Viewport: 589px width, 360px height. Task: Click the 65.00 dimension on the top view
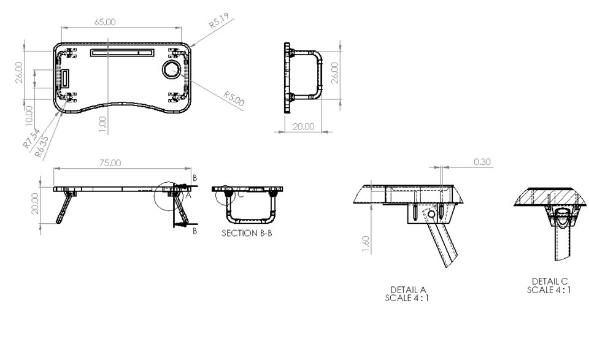click(x=104, y=22)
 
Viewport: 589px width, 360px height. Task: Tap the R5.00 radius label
click(x=234, y=98)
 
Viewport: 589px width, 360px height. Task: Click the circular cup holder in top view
click(x=172, y=69)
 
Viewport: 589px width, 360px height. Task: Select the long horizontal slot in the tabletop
click(x=123, y=53)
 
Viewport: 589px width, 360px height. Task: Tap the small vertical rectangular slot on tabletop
click(x=64, y=79)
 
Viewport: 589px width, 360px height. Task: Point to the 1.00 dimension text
click(x=102, y=124)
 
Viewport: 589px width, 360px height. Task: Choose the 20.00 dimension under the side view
click(x=302, y=126)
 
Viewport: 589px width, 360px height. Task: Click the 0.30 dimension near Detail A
click(x=483, y=162)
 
